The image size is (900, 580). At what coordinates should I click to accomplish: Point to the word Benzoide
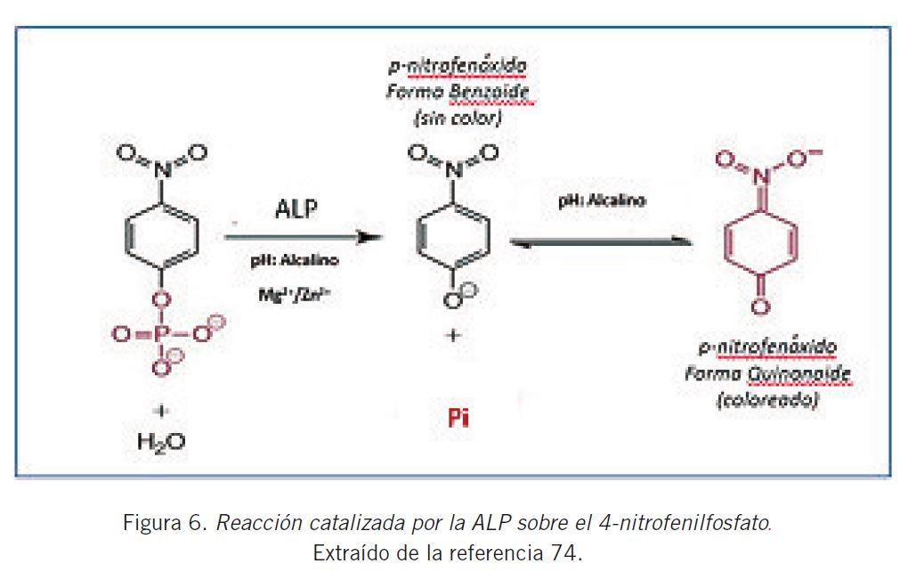coord(496,94)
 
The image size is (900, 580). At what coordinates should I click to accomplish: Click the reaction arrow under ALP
coord(303,238)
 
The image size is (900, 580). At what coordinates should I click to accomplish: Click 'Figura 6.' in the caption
coord(165,523)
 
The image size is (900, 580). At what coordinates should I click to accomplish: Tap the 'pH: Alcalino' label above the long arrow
coord(602,201)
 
